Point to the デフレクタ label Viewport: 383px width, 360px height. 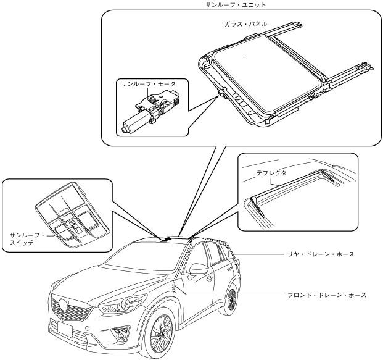pos(271,175)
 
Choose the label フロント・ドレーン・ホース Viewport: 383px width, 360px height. pos(327,295)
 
